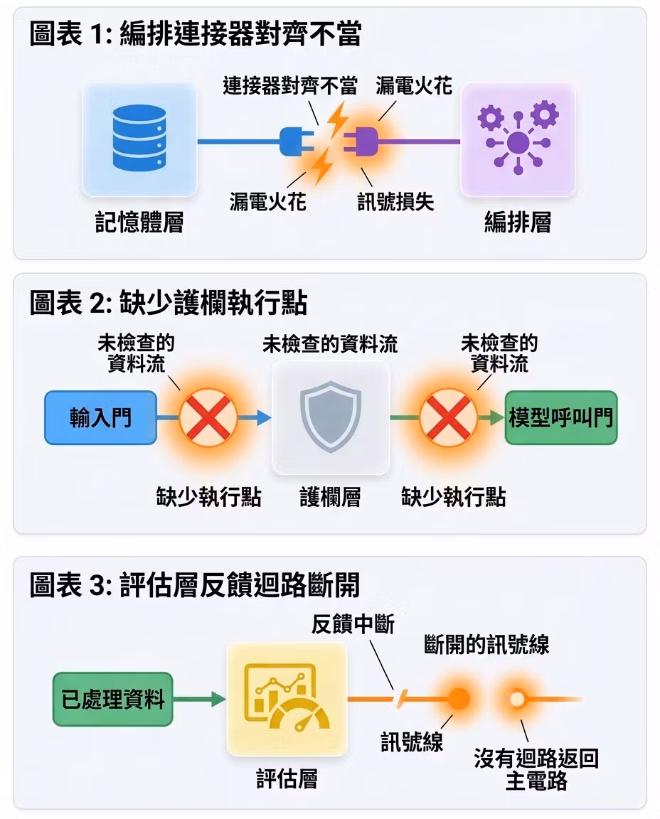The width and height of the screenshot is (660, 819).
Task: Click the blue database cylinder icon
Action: click(139, 138)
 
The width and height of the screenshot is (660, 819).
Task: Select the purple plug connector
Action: click(361, 141)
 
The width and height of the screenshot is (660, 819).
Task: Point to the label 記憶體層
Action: click(139, 222)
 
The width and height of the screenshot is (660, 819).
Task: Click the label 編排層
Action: click(518, 222)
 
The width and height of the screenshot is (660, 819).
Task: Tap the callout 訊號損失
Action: click(395, 202)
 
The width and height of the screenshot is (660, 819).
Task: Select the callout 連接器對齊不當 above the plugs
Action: click(290, 85)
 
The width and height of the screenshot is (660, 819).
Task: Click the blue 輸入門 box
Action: click(100, 418)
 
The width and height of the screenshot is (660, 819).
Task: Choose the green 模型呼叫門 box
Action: click(560, 418)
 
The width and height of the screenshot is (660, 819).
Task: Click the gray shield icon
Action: click(331, 417)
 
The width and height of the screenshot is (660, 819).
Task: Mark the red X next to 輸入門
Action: click(208, 417)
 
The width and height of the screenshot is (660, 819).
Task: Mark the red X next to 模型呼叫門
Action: click(448, 417)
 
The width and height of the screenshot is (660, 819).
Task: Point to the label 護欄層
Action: click(330, 497)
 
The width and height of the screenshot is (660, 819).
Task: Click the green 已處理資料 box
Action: click(113, 699)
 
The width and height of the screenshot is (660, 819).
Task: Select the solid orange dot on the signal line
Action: click(459, 699)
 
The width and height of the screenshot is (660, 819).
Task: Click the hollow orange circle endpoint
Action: click(517, 699)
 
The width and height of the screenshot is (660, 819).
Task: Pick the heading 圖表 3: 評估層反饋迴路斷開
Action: click(195, 584)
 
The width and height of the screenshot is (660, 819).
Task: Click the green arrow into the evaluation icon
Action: click(199, 699)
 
